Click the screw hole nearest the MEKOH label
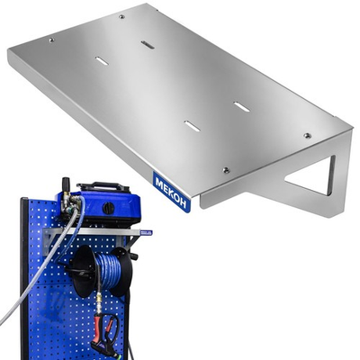226,169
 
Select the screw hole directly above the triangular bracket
307,135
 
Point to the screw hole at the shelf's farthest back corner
121,16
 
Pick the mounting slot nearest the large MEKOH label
192,126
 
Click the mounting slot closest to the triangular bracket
241,106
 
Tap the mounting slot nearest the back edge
148,44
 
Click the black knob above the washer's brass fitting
65,185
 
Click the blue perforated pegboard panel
54,306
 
